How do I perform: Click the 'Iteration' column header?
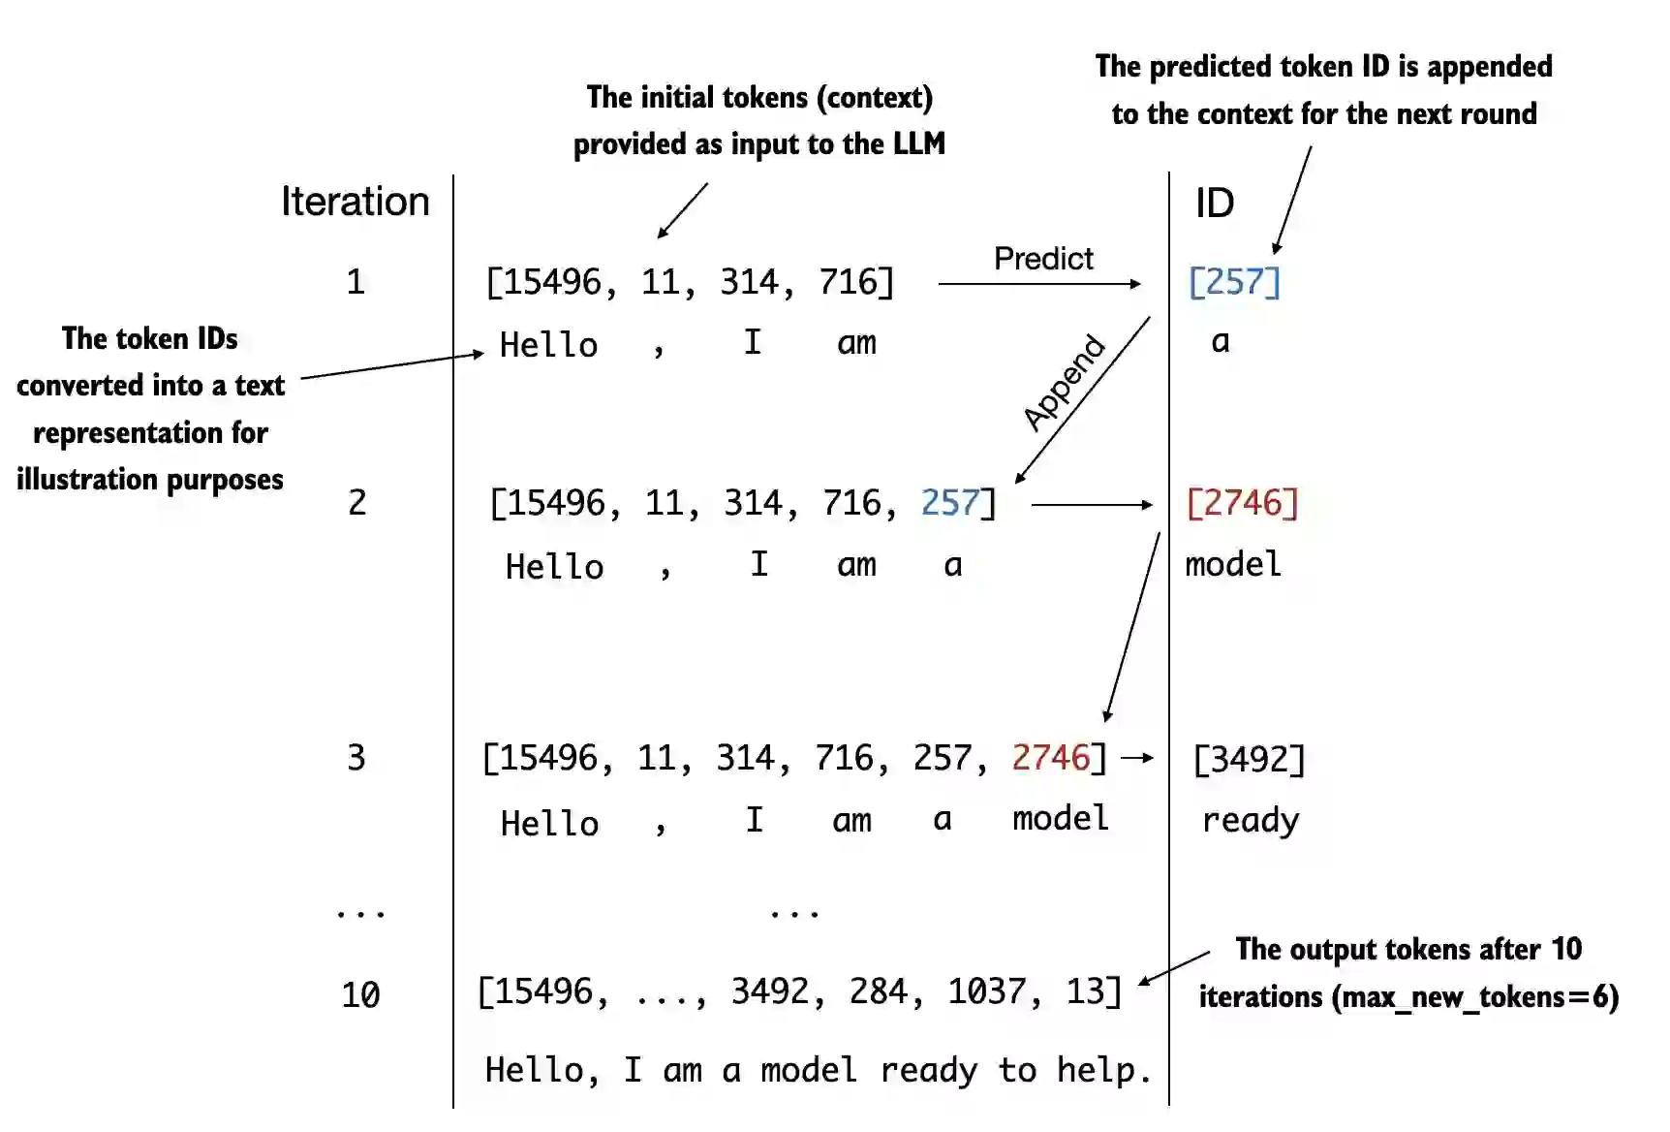pos(355,202)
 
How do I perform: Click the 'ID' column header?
pos(1214,204)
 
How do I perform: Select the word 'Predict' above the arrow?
pos(1042,259)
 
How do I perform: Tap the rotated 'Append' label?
pos(1064,382)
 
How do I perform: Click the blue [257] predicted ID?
pos(1233,282)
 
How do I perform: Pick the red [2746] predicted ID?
pos(1242,503)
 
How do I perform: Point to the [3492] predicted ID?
pos(1249,759)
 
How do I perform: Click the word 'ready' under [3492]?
pos(1250,821)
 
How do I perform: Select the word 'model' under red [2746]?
pos(1232,564)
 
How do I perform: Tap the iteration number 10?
pos(360,995)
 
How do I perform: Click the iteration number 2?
pos(357,503)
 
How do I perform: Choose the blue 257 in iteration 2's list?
pos(950,503)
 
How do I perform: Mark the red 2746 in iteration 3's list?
pos(1051,758)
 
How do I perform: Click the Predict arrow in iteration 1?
pos(1038,284)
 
